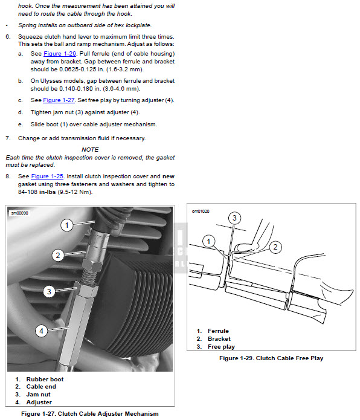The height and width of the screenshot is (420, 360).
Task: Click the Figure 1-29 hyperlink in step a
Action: pos(60,54)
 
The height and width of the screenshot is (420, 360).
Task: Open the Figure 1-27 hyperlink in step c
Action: pos(59,100)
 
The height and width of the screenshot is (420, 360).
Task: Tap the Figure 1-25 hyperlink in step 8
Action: pos(47,176)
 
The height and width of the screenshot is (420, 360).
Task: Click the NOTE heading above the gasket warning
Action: pos(90,149)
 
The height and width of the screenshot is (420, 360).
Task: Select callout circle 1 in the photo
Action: pos(67,225)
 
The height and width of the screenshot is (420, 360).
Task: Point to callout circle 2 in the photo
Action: pos(58,255)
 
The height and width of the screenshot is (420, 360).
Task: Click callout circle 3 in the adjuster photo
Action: pos(49,291)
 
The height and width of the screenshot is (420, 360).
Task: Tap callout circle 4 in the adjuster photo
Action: pos(41,331)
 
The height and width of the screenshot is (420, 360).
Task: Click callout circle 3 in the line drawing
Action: pos(234,218)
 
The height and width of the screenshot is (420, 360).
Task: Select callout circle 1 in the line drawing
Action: pos(209,241)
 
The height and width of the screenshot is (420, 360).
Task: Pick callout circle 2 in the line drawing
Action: pos(275,247)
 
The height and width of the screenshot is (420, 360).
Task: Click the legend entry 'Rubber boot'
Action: pos(45,380)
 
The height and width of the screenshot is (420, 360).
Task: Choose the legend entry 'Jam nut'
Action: pos(38,395)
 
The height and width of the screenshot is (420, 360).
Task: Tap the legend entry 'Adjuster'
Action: pos(39,402)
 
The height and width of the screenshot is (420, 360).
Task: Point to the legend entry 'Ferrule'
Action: pos(218,331)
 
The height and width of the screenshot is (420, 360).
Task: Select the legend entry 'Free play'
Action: pos(221,347)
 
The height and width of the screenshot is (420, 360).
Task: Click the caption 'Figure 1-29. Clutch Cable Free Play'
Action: pos(271,358)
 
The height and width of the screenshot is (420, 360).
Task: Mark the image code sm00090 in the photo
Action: pos(19,213)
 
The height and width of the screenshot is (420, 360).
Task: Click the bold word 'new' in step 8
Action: pos(169,176)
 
